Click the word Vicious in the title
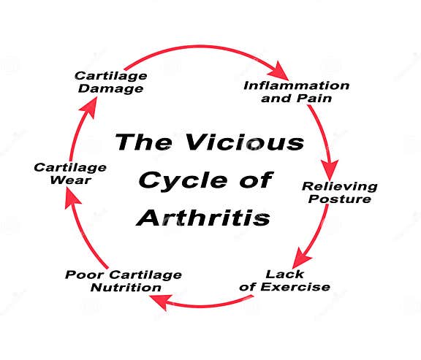(245, 142)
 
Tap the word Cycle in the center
(183, 181)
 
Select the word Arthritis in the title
(203, 218)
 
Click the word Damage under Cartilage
(110, 89)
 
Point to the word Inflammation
(297, 86)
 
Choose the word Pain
(314, 98)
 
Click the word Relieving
(340, 187)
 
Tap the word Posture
(340, 199)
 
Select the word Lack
(284, 274)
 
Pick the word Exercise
(295, 287)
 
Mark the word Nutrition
(126, 288)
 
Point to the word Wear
(70, 180)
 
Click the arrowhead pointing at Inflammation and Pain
(278, 71)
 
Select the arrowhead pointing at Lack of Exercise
(300, 258)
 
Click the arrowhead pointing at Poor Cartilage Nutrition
(161, 302)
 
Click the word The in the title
(144, 142)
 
